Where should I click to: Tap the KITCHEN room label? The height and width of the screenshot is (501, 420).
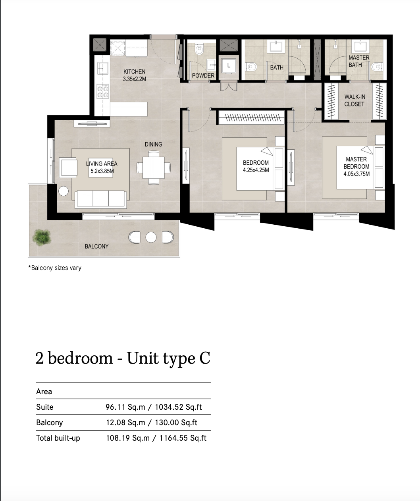click(x=135, y=71)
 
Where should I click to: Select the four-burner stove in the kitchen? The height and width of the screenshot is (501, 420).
click(x=102, y=91)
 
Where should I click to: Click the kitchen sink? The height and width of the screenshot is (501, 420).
click(x=102, y=68)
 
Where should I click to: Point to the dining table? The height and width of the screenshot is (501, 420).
click(x=154, y=168)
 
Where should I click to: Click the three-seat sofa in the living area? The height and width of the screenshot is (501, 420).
click(x=101, y=199)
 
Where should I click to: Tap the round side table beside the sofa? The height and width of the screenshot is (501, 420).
click(x=64, y=191)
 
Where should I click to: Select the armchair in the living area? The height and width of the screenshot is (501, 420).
click(x=68, y=167)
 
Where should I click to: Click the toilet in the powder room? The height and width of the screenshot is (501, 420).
click(x=199, y=50)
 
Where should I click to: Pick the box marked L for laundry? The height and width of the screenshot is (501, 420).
click(x=229, y=65)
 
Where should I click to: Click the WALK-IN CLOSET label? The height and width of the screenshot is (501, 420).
click(x=355, y=100)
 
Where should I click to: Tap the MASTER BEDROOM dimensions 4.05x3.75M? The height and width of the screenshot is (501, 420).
click(x=356, y=174)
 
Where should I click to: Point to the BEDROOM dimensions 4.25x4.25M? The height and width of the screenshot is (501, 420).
click(x=256, y=170)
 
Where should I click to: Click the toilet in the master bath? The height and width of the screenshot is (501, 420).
click(x=377, y=67)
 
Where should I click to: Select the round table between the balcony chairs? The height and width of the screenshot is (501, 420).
click(x=151, y=237)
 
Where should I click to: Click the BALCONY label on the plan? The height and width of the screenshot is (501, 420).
click(x=96, y=246)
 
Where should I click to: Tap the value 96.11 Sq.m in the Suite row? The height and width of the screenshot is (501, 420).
click(x=125, y=407)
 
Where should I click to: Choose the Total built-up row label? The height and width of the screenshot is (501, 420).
click(x=58, y=438)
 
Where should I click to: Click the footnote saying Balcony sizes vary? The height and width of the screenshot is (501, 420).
click(x=55, y=268)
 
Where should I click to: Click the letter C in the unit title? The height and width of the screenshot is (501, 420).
click(x=205, y=358)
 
